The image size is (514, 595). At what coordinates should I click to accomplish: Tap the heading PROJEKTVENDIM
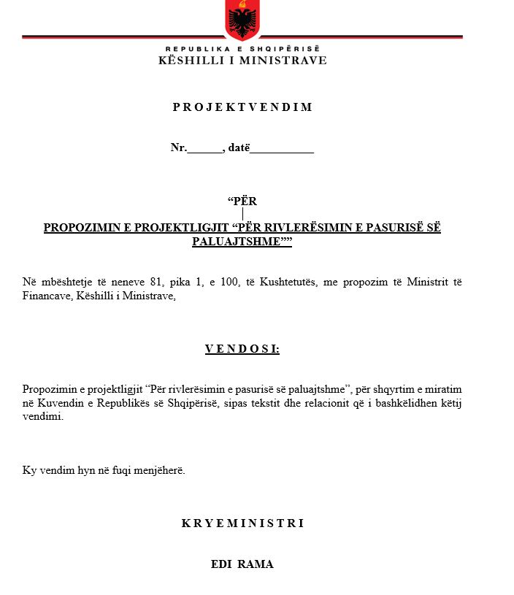pyautogui.click(x=242, y=107)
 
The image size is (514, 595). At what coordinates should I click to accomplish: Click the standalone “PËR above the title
pyautogui.click(x=242, y=201)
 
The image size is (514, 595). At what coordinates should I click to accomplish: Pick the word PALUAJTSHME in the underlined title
pyautogui.click(x=237, y=242)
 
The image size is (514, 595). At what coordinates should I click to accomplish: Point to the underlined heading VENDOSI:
pyautogui.click(x=242, y=349)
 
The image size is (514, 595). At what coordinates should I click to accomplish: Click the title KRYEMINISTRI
pyautogui.click(x=242, y=523)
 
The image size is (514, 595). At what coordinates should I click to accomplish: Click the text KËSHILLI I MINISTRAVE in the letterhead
pyautogui.click(x=242, y=61)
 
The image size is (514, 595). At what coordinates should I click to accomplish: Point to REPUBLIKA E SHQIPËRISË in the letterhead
pyautogui.click(x=242, y=47)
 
